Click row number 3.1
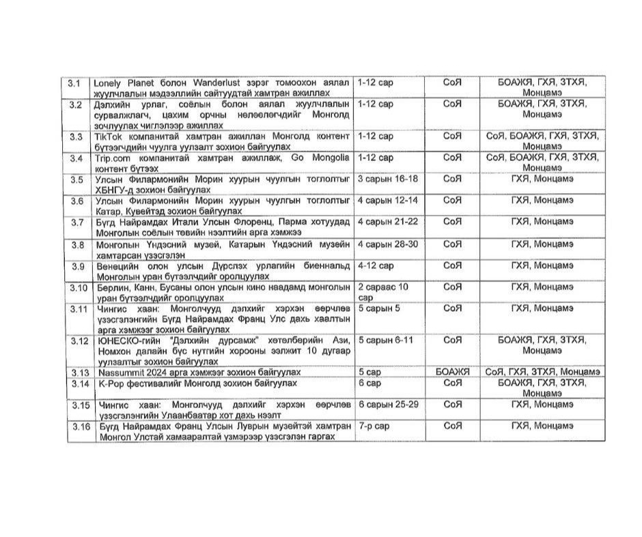click(75, 83)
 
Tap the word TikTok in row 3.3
click(108, 136)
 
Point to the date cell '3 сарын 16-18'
click(387, 179)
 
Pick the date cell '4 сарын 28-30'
click(387, 244)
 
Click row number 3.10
click(78, 287)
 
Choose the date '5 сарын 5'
click(379, 308)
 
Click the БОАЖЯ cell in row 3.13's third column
click(452, 372)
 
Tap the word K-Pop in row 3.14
click(107, 383)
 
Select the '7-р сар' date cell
click(375, 426)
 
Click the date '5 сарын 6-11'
click(384, 340)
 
